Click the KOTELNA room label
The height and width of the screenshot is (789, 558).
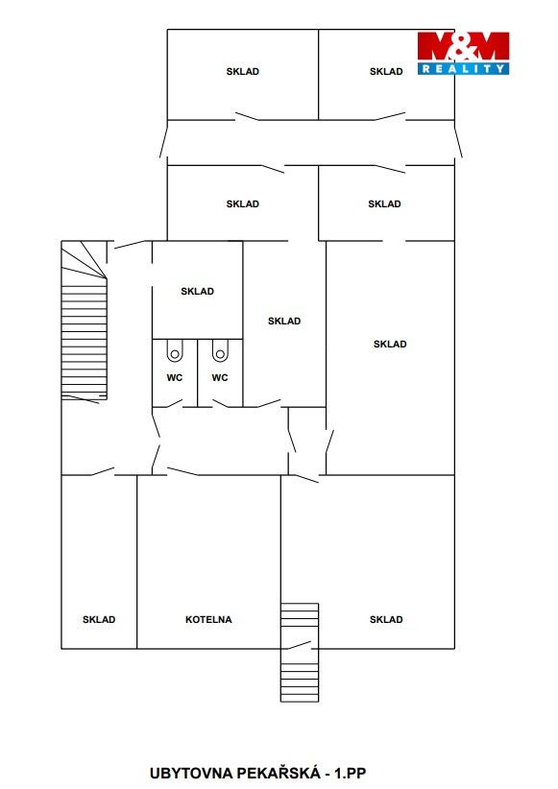pyautogui.click(x=208, y=619)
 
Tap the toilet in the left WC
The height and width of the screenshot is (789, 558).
pyautogui.click(x=175, y=350)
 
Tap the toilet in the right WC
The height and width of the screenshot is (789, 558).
pyautogui.click(x=220, y=350)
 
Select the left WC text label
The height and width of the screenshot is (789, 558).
pyautogui.click(x=174, y=377)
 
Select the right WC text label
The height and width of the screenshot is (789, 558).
pyautogui.click(x=220, y=377)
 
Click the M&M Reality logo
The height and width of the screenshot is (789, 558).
pyautogui.click(x=463, y=53)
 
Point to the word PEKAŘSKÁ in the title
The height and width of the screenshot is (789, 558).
pyautogui.click(x=278, y=773)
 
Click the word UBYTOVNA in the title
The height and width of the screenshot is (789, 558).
pyautogui.click(x=191, y=773)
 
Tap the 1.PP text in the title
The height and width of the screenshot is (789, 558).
pyautogui.click(x=351, y=773)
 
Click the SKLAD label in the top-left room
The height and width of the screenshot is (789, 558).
pyautogui.click(x=243, y=71)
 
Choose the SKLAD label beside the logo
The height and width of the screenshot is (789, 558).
pyautogui.click(x=386, y=71)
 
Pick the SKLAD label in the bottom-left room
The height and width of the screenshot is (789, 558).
pyautogui.click(x=99, y=619)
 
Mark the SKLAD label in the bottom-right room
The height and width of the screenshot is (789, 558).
pyautogui.click(x=386, y=619)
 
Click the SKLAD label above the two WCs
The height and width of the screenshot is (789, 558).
pyautogui.click(x=198, y=291)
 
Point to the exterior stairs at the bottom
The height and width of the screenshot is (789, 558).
pyautogui.click(x=300, y=652)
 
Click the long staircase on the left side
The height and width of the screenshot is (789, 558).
pyautogui.click(x=85, y=320)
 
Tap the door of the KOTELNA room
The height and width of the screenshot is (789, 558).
pyautogui.click(x=182, y=471)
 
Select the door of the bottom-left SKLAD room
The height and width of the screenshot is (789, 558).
pyautogui.click(x=103, y=471)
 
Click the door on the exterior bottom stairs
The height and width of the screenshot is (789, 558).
pyautogui.click(x=299, y=645)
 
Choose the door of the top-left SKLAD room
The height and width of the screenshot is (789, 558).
pyautogui.click(x=247, y=116)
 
